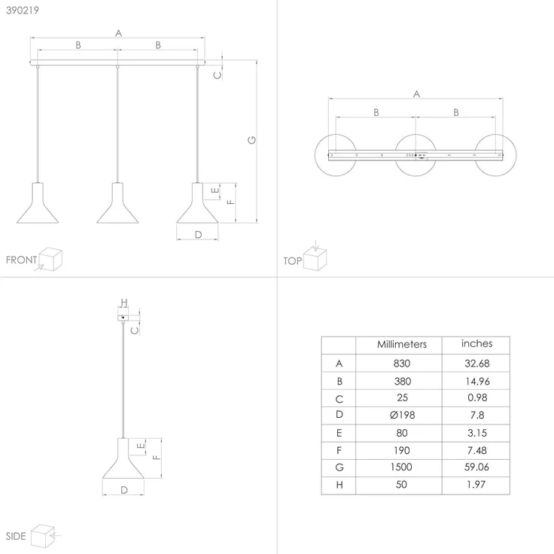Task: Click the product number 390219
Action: coord(23,11)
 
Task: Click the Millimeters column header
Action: coord(402,344)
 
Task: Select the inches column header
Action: coord(476,343)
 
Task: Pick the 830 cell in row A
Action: coord(402,364)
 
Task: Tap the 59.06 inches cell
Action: coord(476,467)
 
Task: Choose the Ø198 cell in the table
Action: coord(403,415)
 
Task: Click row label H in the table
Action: coord(339,485)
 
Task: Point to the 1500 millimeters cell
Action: coord(401,467)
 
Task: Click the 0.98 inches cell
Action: coord(477,397)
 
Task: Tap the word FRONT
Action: coord(21,260)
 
